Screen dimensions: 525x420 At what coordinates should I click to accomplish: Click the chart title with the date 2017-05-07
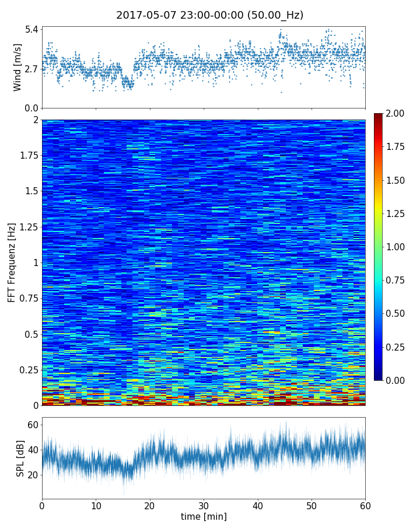tap(209, 15)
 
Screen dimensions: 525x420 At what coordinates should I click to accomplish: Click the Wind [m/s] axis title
tap(17, 67)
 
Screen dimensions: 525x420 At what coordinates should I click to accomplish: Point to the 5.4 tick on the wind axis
tap(31, 29)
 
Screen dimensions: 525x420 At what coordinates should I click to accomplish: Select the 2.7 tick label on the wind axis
tap(31, 69)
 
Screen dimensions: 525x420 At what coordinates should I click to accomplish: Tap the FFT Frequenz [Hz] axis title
tap(12, 262)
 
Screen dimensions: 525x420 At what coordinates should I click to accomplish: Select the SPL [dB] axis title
tap(20, 458)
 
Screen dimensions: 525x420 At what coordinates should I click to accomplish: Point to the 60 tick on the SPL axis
tap(32, 425)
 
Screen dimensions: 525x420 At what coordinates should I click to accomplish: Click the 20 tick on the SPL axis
tap(32, 475)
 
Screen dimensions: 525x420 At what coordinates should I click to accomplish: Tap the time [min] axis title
tap(204, 516)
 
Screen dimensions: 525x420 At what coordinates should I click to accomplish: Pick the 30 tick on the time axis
tap(204, 505)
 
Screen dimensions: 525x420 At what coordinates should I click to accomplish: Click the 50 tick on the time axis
tap(311, 505)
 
